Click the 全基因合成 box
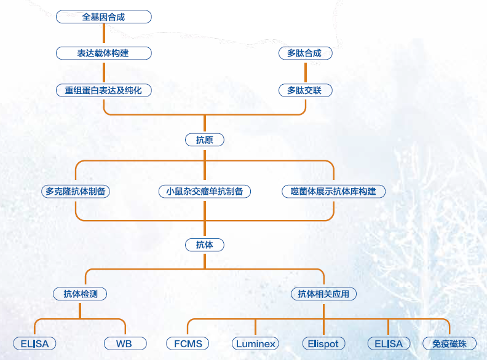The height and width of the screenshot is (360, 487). (x=103, y=17)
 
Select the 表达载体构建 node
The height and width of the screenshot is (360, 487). (x=103, y=53)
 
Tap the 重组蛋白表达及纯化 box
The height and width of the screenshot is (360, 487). (x=103, y=90)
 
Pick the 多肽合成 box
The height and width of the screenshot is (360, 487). (x=304, y=53)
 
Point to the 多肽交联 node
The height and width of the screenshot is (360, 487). (x=304, y=90)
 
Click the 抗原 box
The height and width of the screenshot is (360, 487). (x=205, y=140)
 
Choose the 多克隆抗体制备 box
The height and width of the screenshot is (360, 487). (x=76, y=191)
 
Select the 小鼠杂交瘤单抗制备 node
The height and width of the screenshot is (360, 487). (x=205, y=191)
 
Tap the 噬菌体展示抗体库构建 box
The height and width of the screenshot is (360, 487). (x=333, y=191)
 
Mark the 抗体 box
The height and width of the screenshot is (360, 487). (x=205, y=245)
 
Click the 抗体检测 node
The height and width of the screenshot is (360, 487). (x=81, y=294)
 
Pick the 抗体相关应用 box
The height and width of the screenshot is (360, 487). (x=323, y=294)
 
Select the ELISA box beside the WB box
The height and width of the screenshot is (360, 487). (x=34, y=343)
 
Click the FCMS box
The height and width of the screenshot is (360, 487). (x=188, y=343)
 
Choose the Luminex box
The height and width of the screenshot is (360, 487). (x=255, y=343)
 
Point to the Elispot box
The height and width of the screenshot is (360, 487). (x=323, y=343)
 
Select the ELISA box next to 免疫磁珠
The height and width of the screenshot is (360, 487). (x=388, y=343)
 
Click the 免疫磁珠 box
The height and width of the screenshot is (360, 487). (x=449, y=343)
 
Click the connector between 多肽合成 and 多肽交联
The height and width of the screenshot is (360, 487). (x=304, y=72)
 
